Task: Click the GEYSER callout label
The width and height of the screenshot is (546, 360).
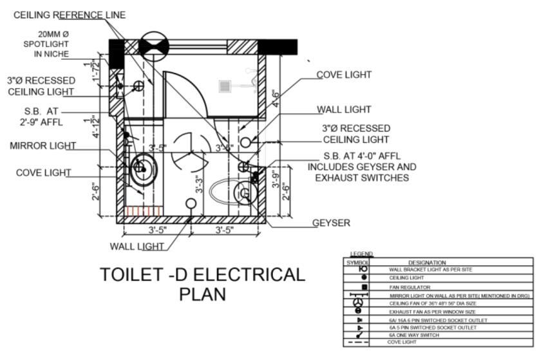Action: tap(331, 223)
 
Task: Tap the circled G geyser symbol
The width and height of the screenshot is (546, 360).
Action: tap(245, 193)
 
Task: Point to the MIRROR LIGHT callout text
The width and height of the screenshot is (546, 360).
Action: tap(42, 146)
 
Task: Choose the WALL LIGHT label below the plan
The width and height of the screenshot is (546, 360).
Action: tap(136, 245)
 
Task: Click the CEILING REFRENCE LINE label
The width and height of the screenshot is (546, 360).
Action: tap(70, 15)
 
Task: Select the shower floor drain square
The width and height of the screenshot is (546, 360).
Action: tap(225, 86)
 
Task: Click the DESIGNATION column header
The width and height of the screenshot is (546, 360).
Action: tap(427, 262)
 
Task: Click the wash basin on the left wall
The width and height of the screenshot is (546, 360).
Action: tap(142, 169)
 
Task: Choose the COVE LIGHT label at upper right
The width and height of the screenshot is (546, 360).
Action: tap(344, 75)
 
